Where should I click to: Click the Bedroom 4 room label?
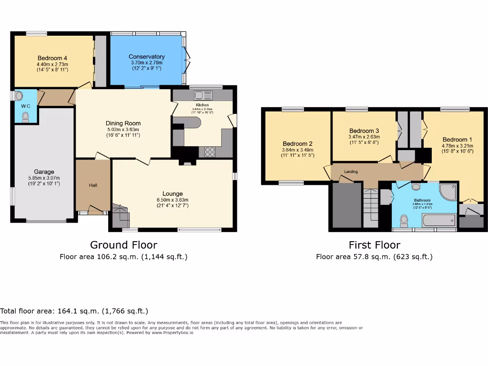[x=51, y=58]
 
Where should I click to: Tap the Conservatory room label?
[x=147, y=57]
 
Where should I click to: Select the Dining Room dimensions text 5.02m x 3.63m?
[x=123, y=129]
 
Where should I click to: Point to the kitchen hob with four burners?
[x=210, y=152]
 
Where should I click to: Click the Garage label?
[x=44, y=172]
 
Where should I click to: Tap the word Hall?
[x=93, y=185]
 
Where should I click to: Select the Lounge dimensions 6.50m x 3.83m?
[x=172, y=200]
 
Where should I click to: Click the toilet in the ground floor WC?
[x=25, y=116]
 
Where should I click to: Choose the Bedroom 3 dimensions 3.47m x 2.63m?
[x=364, y=137]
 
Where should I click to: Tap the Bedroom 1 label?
[x=455, y=140]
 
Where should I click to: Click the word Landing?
[x=351, y=172]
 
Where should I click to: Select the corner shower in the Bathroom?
[x=447, y=192]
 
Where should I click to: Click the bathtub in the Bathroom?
[x=438, y=220]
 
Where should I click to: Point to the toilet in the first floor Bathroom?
[x=405, y=220]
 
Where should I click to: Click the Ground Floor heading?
[x=123, y=245]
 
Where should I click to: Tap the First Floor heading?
[x=374, y=245]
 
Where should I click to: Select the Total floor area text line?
[x=74, y=311]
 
